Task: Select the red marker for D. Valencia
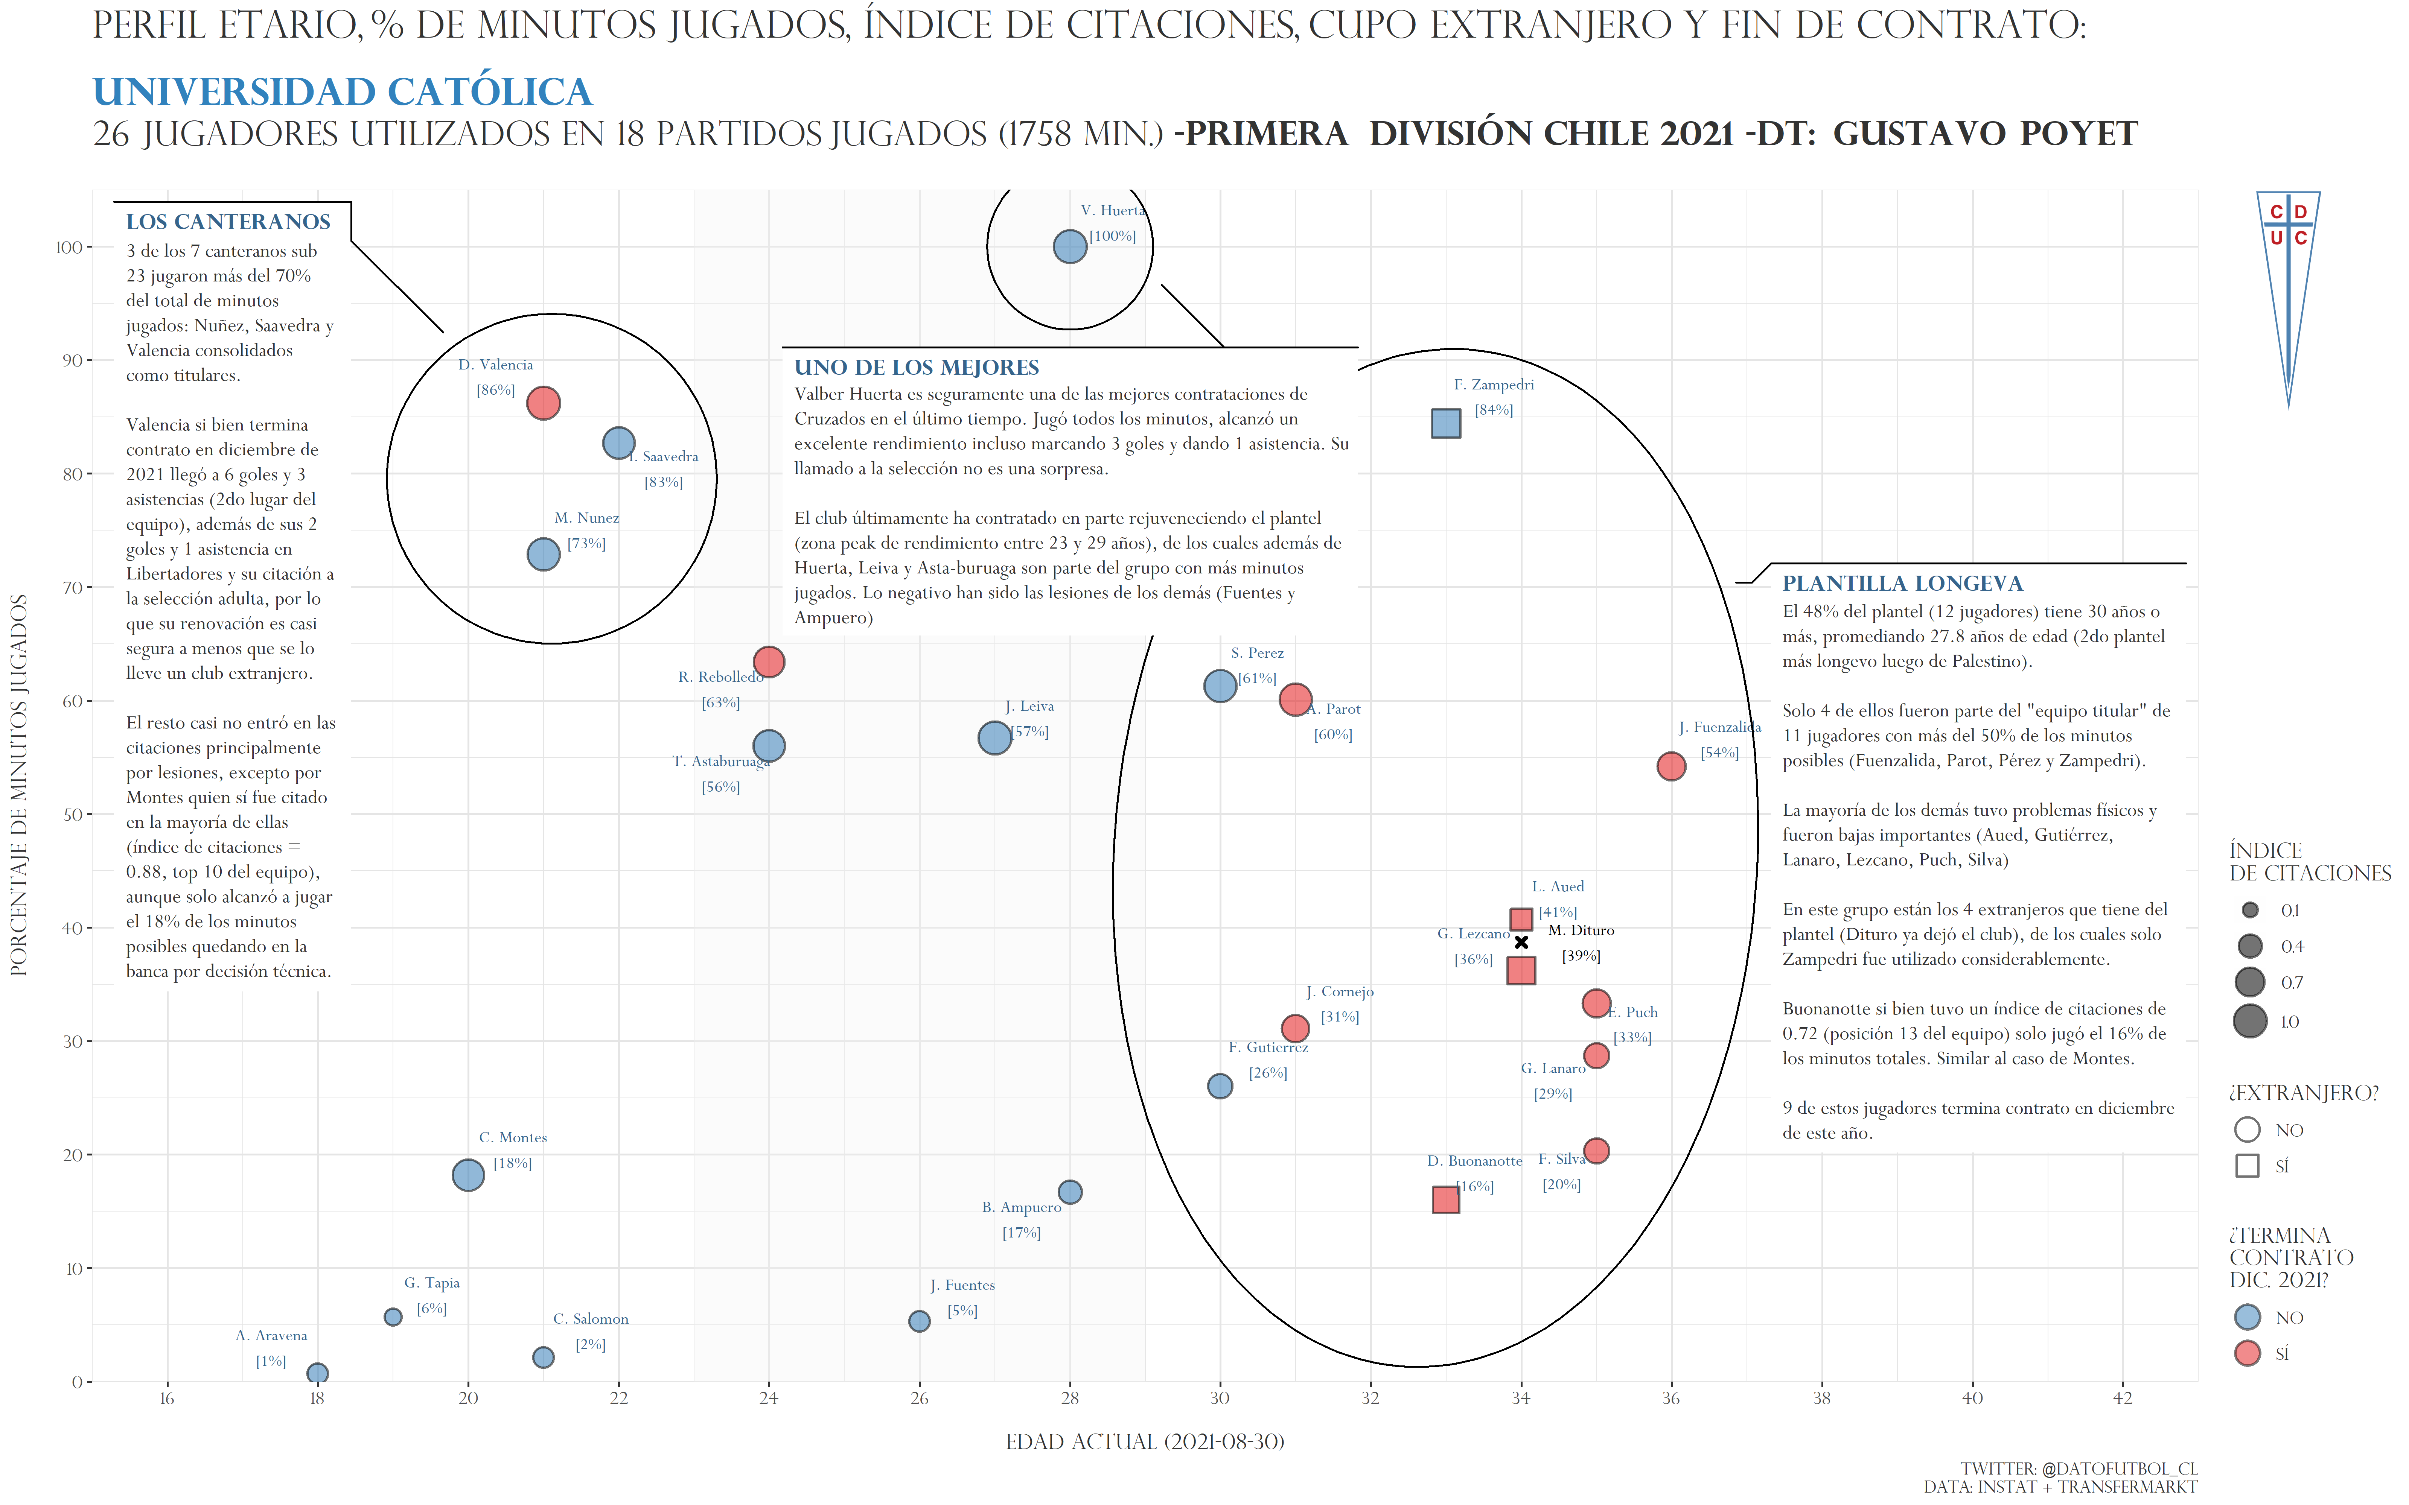click(x=542, y=403)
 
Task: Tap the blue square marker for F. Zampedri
click(x=1445, y=423)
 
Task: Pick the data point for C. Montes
click(x=468, y=1175)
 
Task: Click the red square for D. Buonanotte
click(x=1445, y=1199)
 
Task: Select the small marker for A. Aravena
click(x=318, y=1374)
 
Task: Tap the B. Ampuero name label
click(x=1021, y=1207)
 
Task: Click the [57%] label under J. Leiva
click(x=1029, y=731)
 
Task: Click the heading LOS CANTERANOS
click(x=228, y=222)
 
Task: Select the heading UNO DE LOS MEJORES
click(x=917, y=367)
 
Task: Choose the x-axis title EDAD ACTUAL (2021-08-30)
click(x=1145, y=1441)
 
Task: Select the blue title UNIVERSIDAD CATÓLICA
click(x=343, y=91)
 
